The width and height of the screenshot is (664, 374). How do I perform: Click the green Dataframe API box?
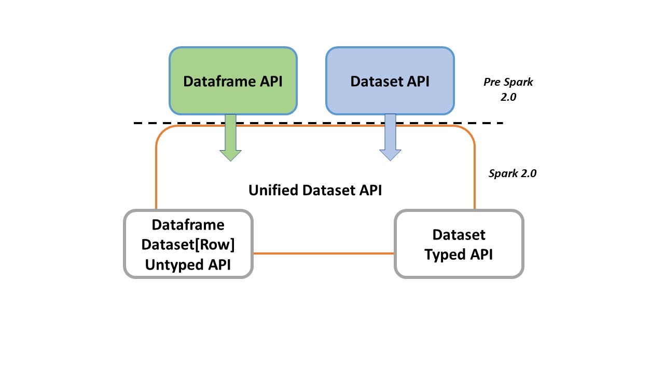click(x=233, y=81)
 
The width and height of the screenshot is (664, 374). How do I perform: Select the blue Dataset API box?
click(x=390, y=81)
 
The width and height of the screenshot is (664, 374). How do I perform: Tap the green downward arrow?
click(x=231, y=138)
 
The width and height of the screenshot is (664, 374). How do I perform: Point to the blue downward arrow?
click(x=391, y=138)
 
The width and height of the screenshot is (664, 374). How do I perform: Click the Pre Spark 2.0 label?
click(x=508, y=89)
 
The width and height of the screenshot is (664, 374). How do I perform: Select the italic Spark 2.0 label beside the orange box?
click(x=513, y=173)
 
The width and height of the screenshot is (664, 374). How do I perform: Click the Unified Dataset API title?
click(x=315, y=190)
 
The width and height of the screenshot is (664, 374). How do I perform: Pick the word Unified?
click(x=273, y=190)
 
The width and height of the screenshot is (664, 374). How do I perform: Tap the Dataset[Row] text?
click(x=188, y=245)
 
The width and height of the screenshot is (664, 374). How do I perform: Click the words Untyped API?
click(x=188, y=265)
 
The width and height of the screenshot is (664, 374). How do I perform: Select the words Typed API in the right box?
click(x=459, y=255)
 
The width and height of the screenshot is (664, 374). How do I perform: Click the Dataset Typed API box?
click(x=459, y=244)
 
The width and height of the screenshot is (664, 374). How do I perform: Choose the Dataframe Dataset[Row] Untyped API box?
click(x=188, y=244)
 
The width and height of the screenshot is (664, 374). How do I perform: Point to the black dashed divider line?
click(x=319, y=123)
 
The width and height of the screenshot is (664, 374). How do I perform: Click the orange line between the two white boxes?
click(x=324, y=253)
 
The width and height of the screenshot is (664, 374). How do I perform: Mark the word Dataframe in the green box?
click(x=219, y=82)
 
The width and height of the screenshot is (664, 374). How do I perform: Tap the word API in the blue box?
click(x=418, y=82)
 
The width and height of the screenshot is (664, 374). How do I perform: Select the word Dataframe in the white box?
click(x=188, y=225)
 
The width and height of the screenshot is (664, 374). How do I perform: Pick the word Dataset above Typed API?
click(x=459, y=235)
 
